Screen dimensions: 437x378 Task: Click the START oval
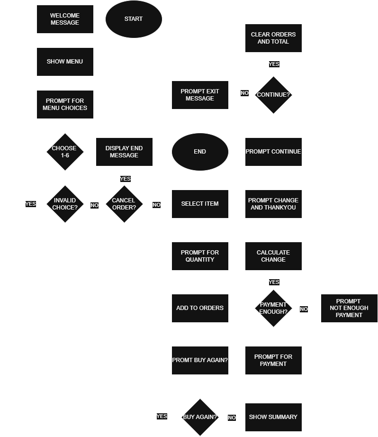coord(134,19)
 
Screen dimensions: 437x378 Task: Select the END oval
coord(200,152)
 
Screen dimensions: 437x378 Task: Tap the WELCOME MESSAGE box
coord(65,19)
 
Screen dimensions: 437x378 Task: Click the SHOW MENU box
coord(65,62)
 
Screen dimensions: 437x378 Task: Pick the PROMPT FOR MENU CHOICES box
coord(65,104)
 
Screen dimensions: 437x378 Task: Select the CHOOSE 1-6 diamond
coord(65,152)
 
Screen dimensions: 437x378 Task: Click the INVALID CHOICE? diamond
coord(65,204)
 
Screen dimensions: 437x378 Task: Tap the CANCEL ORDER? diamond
coord(124,204)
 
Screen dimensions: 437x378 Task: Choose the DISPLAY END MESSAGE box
coord(124,152)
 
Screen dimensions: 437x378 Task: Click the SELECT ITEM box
coord(200,204)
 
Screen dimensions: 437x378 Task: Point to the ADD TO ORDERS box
coord(200,308)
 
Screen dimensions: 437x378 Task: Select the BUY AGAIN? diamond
coord(200,417)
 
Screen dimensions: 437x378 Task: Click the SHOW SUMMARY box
coord(273,417)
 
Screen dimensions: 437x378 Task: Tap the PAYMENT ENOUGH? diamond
coord(273,308)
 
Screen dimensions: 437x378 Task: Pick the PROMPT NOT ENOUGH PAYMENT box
coord(349,308)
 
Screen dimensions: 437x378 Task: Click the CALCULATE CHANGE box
coord(273,256)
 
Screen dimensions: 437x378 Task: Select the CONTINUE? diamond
coord(273,95)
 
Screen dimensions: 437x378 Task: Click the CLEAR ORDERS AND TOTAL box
coord(273,38)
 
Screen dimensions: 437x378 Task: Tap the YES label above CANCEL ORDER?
coord(125,179)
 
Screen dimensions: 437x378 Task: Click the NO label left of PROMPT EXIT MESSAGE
coord(244,93)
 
